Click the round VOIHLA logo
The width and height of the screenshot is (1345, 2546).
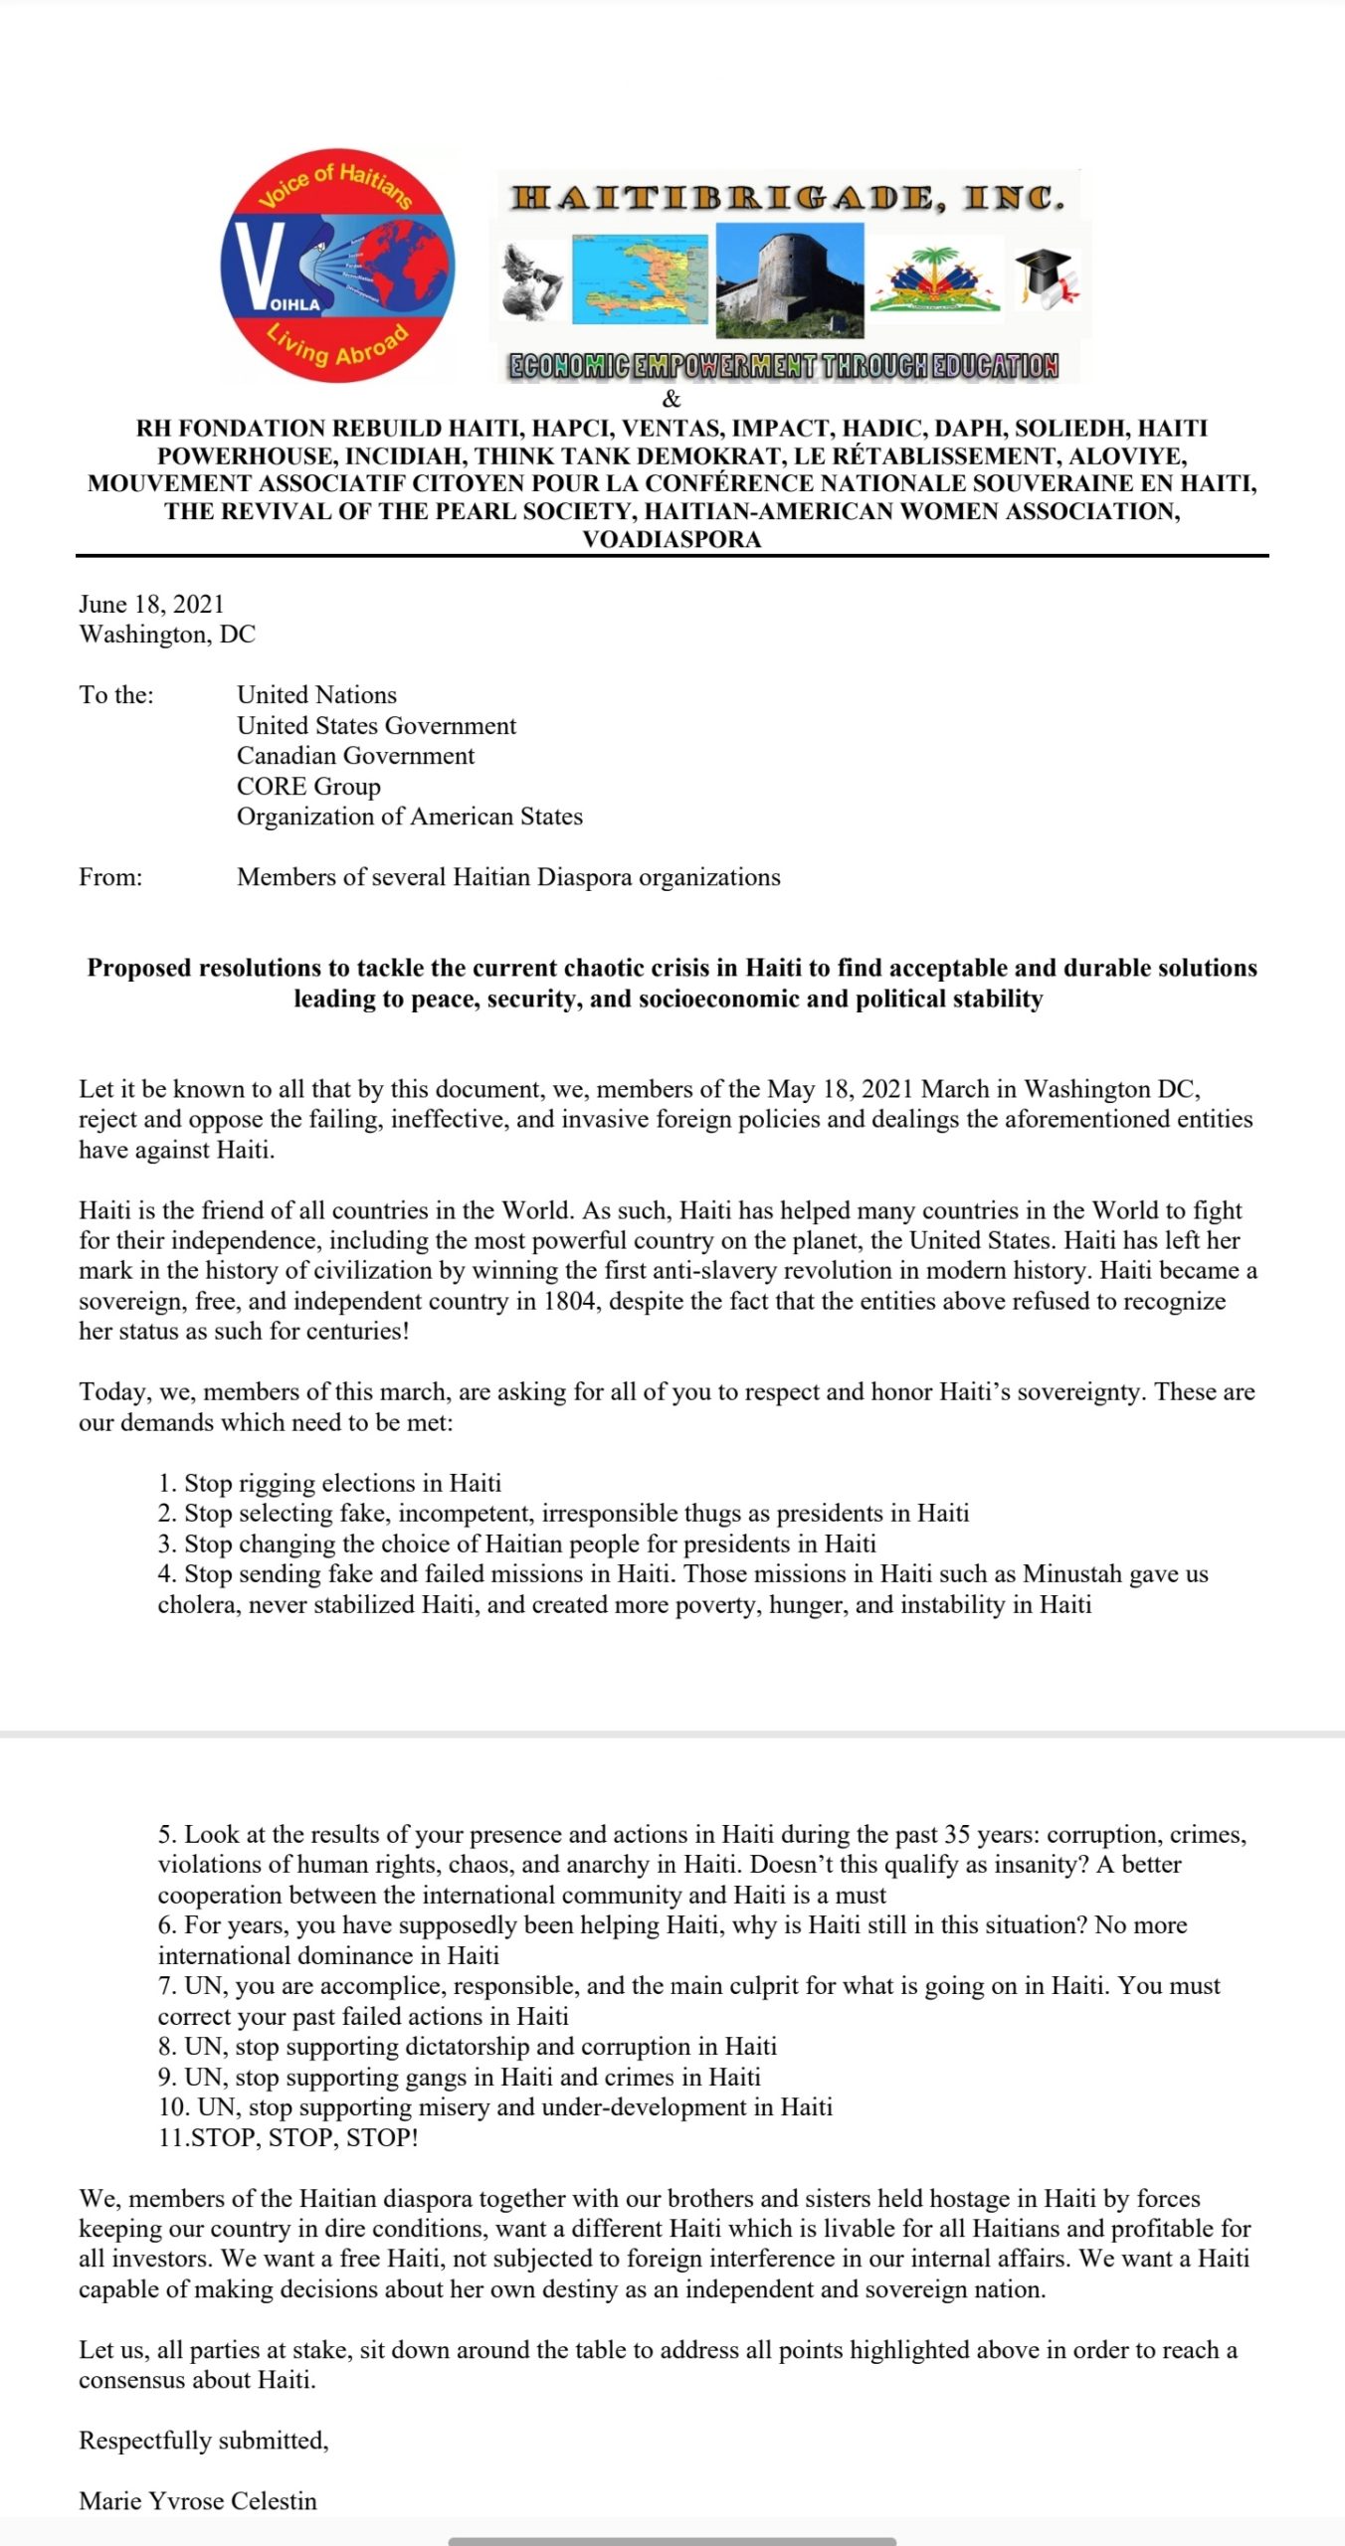[x=337, y=271]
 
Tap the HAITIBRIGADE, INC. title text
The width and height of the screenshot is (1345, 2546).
[x=788, y=198]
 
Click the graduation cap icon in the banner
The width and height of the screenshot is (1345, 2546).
[x=1047, y=277]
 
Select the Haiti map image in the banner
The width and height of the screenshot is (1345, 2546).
[x=641, y=280]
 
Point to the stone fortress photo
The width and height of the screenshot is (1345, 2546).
[x=790, y=279]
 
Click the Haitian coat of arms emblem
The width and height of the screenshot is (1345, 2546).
[x=935, y=279]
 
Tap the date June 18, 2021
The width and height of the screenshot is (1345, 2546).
[x=151, y=604]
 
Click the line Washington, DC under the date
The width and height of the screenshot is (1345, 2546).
[x=167, y=635]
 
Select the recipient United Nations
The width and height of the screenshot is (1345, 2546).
[x=316, y=695]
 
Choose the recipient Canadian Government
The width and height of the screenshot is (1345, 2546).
[x=355, y=756]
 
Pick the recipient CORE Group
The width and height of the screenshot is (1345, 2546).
[x=308, y=787]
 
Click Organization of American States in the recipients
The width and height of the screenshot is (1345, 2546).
[x=409, y=817]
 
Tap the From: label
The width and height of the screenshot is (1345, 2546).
[x=110, y=877]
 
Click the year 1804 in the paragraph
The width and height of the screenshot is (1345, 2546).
[x=571, y=1301]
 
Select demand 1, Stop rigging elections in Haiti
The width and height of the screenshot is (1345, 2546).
[x=329, y=1483]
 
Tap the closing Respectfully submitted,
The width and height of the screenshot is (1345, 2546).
[x=203, y=2441]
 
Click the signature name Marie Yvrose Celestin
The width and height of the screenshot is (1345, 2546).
[x=198, y=2501]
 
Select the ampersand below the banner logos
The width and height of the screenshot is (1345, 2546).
[x=672, y=400]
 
